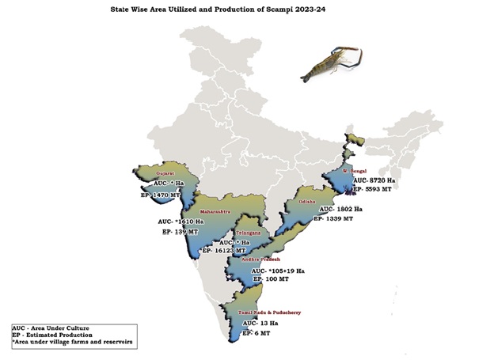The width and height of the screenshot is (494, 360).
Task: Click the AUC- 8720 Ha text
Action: tap(386, 180)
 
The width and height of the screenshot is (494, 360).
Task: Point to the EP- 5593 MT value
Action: tap(383, 190)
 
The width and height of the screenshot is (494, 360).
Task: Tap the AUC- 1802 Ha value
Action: tap(341, 209)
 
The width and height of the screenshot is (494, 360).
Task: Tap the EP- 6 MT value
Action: tap(256, 334)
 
